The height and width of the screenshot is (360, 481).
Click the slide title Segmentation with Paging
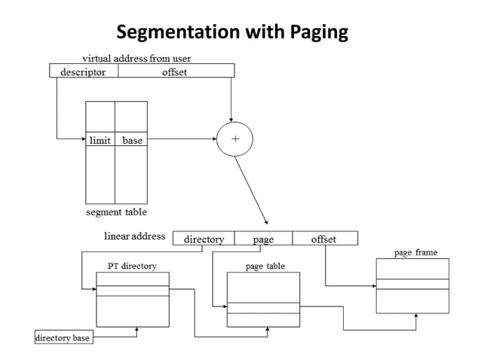click(232, 32)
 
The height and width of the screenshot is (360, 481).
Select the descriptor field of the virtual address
click(83, 72)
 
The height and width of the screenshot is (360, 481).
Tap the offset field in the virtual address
click(174, 72)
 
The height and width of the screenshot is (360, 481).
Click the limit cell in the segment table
click(100, 139)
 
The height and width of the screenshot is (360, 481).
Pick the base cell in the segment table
click(132, 139)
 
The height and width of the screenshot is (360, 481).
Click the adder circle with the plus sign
click(234, 139)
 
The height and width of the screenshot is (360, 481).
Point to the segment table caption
click(116, 212)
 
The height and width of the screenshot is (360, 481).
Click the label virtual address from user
click(136, 59)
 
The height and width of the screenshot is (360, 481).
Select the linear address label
click(134, 236)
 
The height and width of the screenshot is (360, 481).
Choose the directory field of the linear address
click(204, 239)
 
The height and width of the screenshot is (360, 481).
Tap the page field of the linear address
click(264, 239)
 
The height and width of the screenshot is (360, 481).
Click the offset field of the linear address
click(323, 239)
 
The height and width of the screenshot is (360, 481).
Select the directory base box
click(63, 337)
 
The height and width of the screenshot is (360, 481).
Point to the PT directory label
click(132, 266)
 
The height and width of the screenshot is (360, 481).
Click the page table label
click(265, 266)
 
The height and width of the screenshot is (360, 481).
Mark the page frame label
click(415, 252)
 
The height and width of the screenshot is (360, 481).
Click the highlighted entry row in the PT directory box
click(133, 291)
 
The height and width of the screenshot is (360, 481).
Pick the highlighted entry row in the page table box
click(263, 307)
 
